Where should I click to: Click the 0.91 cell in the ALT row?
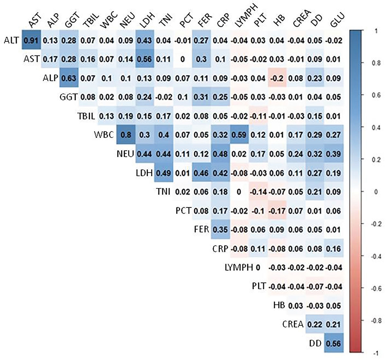coord(31,40)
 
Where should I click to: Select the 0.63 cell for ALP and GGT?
coord(69,78)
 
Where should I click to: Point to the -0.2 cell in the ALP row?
coord(277,78)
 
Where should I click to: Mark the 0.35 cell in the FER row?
coord(220,230)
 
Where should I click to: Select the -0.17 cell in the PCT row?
coord(277,211)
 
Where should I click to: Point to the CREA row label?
coord(293,324)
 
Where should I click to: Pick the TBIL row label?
coord(85,116)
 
